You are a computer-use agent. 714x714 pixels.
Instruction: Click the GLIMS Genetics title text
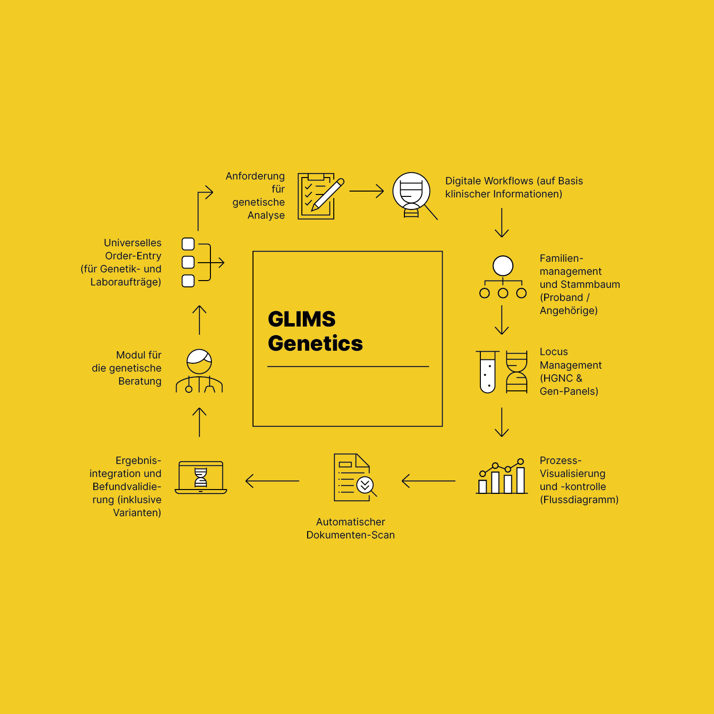tap(315, 331)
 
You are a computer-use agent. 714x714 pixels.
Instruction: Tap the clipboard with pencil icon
tap(319, 196)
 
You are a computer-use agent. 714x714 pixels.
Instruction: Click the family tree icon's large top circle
tap(503, 266)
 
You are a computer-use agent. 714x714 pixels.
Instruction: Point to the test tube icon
tap(488, 372)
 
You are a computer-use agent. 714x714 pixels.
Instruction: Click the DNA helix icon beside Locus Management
tap(516, 372)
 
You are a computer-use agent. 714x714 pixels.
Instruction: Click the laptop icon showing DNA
tap(201, 477)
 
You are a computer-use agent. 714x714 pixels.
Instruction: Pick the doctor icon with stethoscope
tap(199, 371)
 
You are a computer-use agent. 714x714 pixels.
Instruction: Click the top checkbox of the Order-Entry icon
tap(188, 244)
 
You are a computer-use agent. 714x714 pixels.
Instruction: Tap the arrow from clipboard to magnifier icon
tap(366, 191)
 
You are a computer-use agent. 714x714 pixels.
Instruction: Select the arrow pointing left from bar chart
tap(428, 481)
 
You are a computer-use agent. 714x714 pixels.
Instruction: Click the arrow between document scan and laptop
tap(272, 481)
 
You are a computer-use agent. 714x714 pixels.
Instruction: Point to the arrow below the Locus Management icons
tap(502, 422)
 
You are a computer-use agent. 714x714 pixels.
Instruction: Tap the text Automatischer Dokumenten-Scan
tap(350, 528)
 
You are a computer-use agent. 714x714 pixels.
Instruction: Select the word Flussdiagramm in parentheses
tap(579, 500)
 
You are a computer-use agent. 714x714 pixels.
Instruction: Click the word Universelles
tap(133, 243)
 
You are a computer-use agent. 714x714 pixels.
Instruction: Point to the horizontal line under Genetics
tap(348, 367)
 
